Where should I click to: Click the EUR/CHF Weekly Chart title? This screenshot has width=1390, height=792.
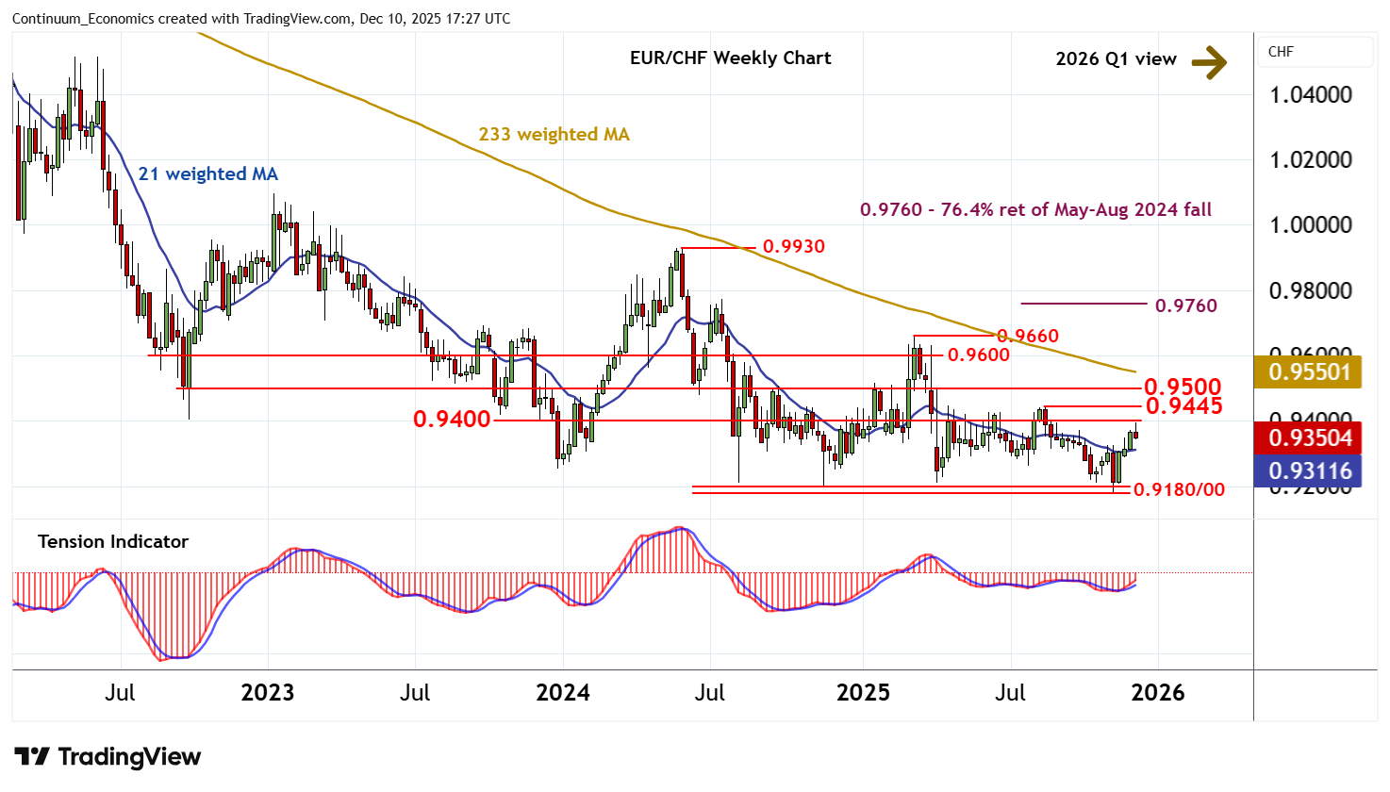(730, 58)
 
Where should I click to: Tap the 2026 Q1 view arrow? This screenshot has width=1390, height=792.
(1209, 62)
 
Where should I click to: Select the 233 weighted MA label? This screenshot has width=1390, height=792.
(554, 134)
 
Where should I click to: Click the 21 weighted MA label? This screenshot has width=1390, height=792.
(207, 173)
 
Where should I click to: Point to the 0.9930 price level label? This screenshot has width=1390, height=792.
(793, 246)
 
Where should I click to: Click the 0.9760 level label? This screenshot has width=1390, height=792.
(1185, 305)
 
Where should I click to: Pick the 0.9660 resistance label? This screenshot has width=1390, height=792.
(1028, 336)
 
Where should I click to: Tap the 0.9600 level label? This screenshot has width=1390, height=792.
(978, 355)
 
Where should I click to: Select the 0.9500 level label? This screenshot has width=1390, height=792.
(1182, 387)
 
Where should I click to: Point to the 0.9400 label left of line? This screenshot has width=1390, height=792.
(452, 419)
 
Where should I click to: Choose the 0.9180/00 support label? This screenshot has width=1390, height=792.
(1179, 488)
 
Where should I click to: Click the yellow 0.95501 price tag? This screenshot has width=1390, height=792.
(1310, 371)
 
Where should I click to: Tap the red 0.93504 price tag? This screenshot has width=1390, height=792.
(1310, 437)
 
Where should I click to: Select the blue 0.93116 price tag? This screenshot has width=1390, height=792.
(1310, 470)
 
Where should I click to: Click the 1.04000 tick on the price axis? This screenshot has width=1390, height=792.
(1310, 94)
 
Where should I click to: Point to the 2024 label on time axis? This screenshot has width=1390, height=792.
(562, 692)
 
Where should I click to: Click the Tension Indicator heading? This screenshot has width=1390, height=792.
(113, 541)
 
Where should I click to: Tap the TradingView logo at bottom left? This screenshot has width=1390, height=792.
(108, 756)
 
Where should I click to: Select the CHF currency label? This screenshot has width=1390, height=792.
(1281, 52)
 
